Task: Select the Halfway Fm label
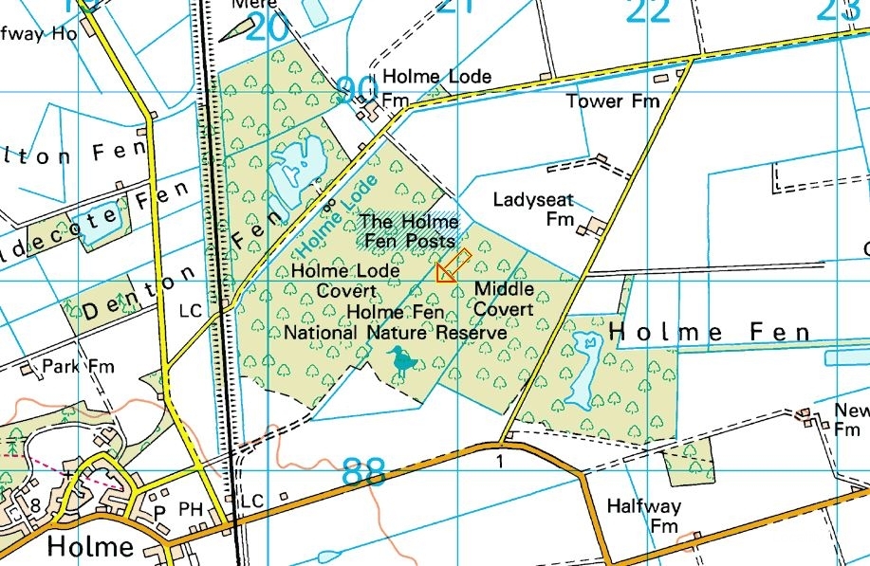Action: pyautogui.click(x=657, y=516)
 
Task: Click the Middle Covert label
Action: pyautogui.click(x=503, y=299)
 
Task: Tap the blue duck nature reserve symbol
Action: pyautogui.click(x=401, y=362)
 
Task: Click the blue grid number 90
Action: pyautogui.click(x=357, y=91)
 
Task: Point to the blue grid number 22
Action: pyautogui.click(x=649, y=11)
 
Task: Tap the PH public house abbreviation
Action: pyautogui.click(x=192, y=510)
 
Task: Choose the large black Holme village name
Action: pyautogui.click(x=90, y=547)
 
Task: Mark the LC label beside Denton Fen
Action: pyautogui.click(x=191, y=311)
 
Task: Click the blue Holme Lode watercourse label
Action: pyautogui.click(x=337, y=215)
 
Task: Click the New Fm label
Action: pyautogui.click(x=850, y=418)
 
